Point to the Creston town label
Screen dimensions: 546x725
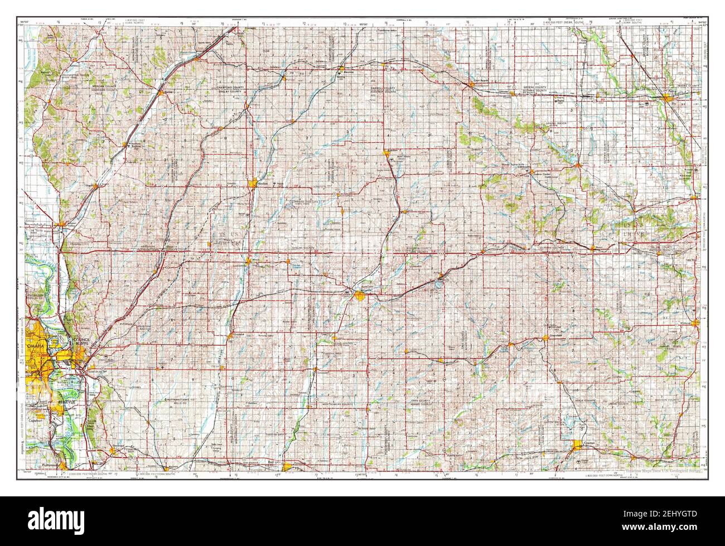tap(589, 444)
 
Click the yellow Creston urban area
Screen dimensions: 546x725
tap(579, 444)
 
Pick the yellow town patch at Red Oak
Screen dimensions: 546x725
tap(287, 467)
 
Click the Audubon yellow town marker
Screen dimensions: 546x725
tap(386, 152)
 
